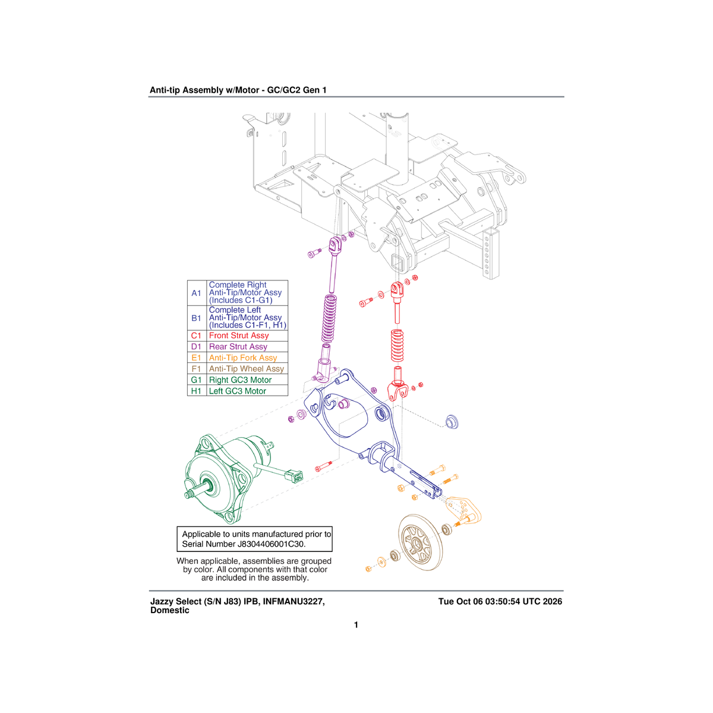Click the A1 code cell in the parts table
pos(197,293)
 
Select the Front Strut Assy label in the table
pos(239,336)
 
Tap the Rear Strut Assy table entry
pos(238,346)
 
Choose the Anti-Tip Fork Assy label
pos(243,358)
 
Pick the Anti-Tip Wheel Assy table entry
pos(247,369)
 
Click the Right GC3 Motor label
pos(240,380)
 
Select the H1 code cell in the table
pos(197,391)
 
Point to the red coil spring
pos(397,346)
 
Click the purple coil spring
pos(330,318)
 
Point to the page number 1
pos(356,625)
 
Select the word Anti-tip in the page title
pos(165,90)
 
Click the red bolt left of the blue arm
pos(324,466)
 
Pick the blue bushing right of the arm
pos(452,421)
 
